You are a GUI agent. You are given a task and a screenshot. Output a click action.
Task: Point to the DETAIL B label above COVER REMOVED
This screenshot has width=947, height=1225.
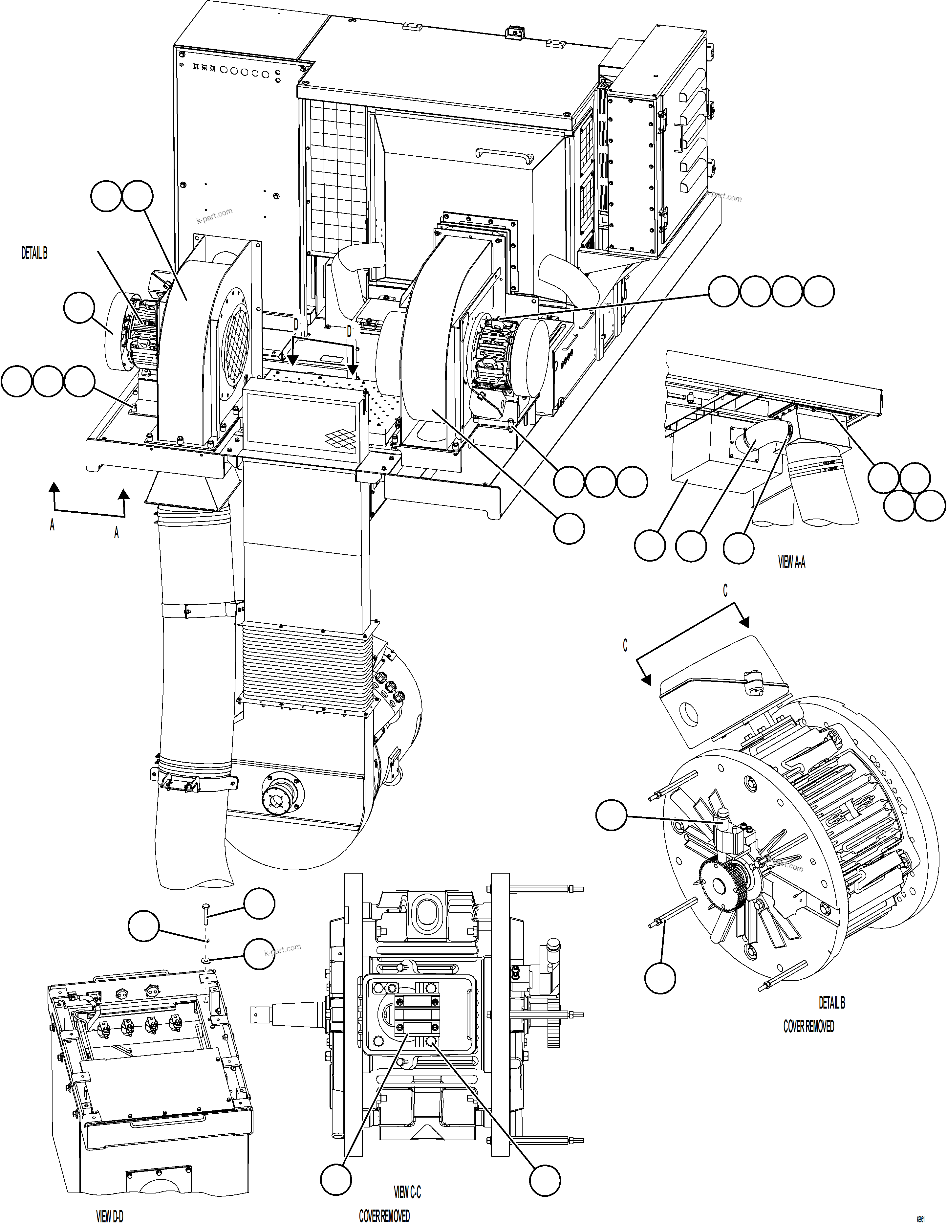click(831, 1002)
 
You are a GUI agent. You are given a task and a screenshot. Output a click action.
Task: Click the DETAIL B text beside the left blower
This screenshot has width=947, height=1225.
click(34, 254)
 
